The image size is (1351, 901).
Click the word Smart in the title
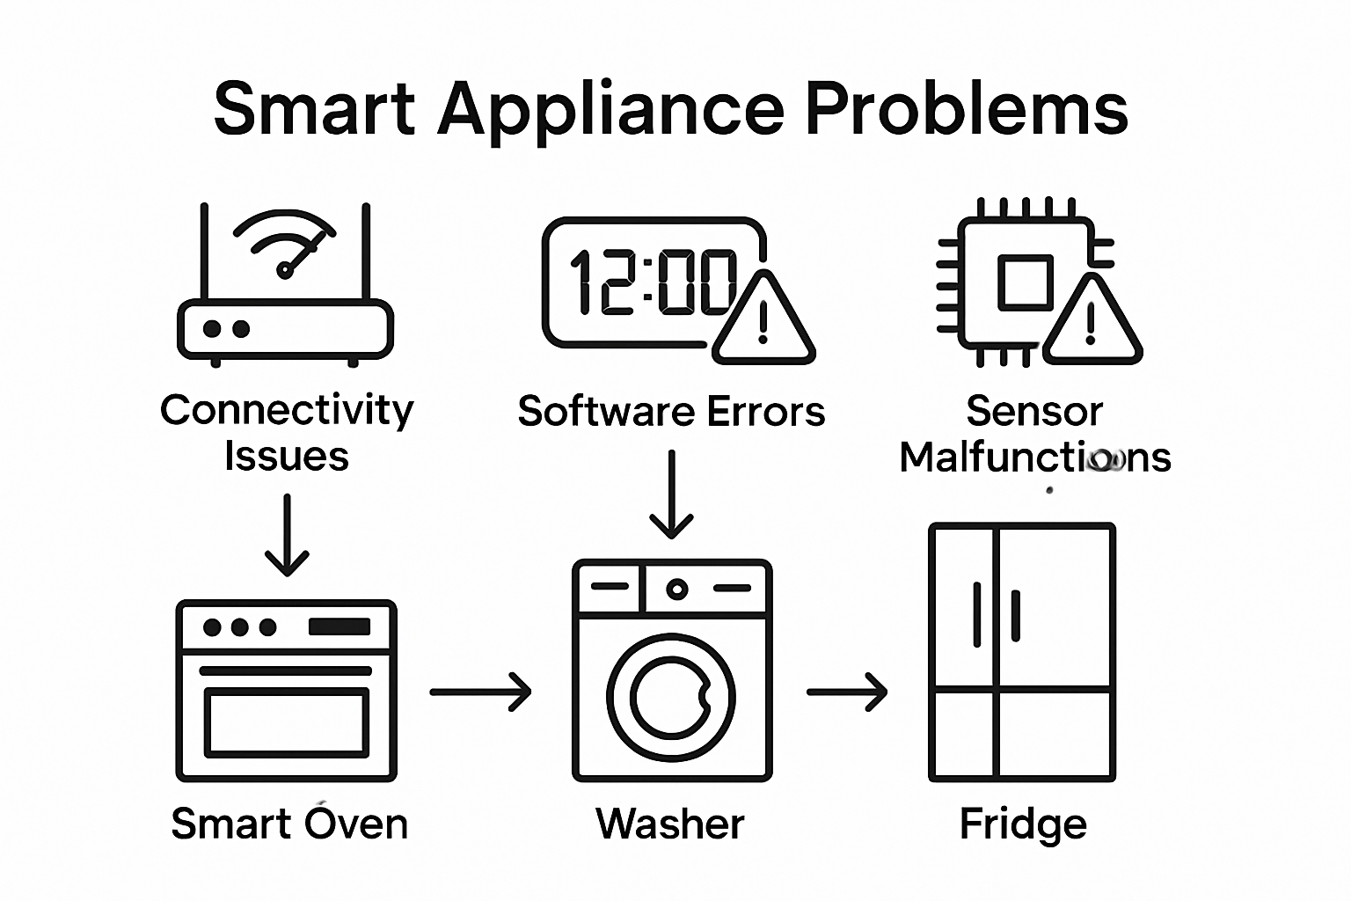[x=314, y=109]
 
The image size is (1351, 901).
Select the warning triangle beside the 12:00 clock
[x=763, y=322]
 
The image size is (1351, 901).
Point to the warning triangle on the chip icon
[x=1091, y=324]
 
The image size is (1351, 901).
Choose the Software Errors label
[x=671, y=412]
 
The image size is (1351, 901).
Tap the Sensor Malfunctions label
[x=1035, y=434]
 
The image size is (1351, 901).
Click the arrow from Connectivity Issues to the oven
[x=287, y=535]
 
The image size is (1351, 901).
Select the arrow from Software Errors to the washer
[x=671, y=494]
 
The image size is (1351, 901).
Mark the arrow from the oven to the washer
[x=481, y=692]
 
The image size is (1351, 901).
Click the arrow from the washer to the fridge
[x=847, y=692]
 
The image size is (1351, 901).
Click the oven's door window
[x=287, y=722]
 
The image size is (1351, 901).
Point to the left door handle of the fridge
[x=977, y=614]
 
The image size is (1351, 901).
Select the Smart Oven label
[x=289, y=824]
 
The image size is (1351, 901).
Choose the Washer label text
[x=670, y=824]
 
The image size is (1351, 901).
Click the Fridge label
[x=1023, y=824]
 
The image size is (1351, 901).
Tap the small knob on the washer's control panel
[x=676, y=589]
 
